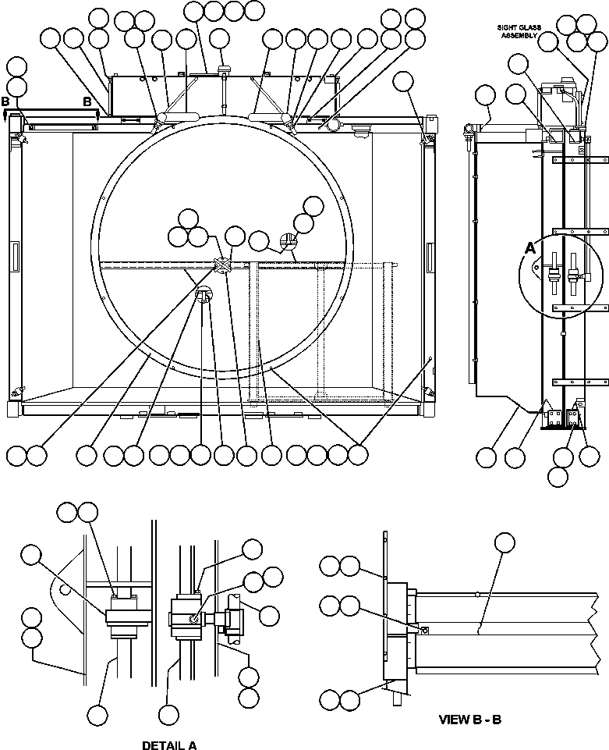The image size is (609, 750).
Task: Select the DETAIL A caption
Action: click(x=169, y=745)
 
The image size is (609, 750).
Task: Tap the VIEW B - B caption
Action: click(x=469, y=719)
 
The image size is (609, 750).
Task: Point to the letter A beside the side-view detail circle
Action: click(x=530, y=248)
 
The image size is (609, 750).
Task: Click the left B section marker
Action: click(x=6, y=102)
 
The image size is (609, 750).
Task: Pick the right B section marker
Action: click(x=87, y=102)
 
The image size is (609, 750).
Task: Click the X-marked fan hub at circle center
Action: click(x=222, y=266)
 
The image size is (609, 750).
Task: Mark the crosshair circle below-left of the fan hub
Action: click(x=204, y=295)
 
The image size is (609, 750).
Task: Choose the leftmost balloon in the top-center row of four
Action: click(x=194, y=10)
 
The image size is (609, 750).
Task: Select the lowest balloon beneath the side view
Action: click(x=558, y=475)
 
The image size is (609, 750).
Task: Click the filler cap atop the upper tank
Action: click(x=225, y=69)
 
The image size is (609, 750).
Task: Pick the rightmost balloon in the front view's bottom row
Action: click(x=358, y=455)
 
